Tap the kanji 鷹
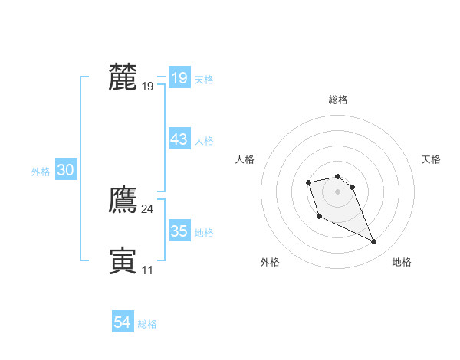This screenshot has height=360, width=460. tap(123, 199)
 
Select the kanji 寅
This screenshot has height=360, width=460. tap(123, 260)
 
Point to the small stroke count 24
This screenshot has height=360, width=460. tap(147, 209)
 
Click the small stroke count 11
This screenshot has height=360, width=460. tap(147, 270)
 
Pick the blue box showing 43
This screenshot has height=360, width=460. tap(179, 139)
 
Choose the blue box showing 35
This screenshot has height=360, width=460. tap(179, 231)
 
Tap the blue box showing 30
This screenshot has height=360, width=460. tap(65, 171)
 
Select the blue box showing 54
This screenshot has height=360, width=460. tap(122, 322)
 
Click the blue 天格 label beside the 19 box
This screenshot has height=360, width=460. tap(204, 80)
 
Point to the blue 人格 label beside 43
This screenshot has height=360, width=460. tap(204, 141)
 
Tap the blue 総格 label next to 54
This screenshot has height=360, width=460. tap(147, 324)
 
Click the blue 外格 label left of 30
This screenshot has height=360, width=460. tap(41, 172)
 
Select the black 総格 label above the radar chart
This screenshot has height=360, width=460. tap(338, 100)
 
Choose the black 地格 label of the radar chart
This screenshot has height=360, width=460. tap(402, 262)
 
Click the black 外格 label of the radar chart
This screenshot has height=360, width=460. tap(270, 262)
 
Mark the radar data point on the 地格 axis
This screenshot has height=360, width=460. tap(374, 242)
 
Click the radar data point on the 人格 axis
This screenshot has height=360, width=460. tap(308, 182)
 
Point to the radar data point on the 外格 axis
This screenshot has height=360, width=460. tap(319, 217)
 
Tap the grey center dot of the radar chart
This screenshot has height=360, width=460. tap(338, 191)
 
